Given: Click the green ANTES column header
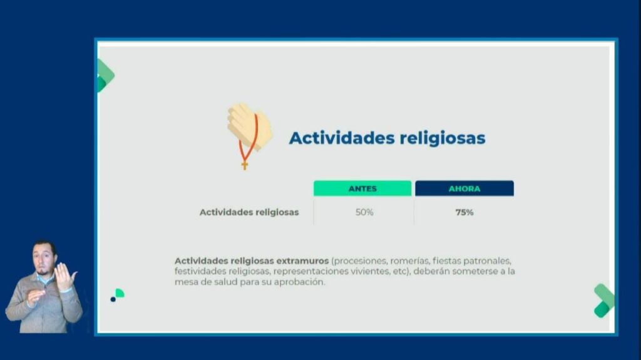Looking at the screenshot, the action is point(362,188).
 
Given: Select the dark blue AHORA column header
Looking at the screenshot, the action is point(464,188).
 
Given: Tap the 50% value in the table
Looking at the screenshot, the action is point(364,212).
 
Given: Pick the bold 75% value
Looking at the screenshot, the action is point(464,212).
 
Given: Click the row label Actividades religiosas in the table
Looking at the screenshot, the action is point(249,212).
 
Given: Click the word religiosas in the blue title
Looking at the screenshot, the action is point(443,138).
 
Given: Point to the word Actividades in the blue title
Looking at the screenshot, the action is point(342,138).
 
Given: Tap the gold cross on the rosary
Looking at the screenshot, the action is point(245,165).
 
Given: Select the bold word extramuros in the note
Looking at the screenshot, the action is point(302,260).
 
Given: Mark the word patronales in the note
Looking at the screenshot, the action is point(487,261).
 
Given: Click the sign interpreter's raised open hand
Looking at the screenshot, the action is point(64,277).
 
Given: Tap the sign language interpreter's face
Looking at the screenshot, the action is point(44,259).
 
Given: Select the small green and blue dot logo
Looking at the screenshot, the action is point(117,295).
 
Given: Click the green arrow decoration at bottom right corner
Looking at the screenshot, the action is point(604,301).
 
